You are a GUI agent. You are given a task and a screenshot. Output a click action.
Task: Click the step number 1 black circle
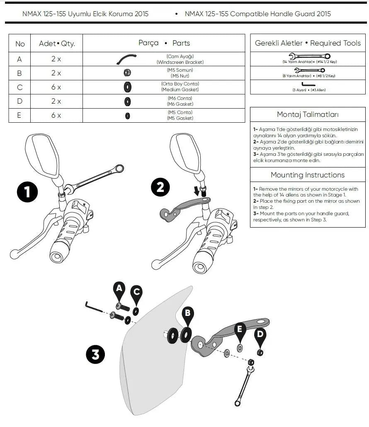click(28, 193)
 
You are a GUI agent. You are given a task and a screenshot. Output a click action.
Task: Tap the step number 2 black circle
click(160, 188)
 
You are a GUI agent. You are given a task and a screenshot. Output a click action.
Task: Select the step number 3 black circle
click(95, 355)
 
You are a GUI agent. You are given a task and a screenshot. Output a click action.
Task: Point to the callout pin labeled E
click(240, 330)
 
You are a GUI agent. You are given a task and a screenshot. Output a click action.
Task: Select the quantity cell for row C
click(56, 87)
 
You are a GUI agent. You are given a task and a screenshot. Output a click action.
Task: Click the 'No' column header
click(20, 44)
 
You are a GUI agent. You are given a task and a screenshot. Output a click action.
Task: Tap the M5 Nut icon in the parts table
click(127, 73)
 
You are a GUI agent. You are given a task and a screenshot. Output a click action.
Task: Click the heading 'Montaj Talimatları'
click(308, 114)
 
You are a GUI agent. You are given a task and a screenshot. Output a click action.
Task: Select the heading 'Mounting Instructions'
click(308, 175)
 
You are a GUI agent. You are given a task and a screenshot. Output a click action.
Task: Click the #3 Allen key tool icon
click(308, 84)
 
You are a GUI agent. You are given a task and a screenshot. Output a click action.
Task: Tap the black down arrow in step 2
click(197, 191)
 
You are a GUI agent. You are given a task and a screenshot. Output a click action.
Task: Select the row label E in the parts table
click(19, 116)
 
